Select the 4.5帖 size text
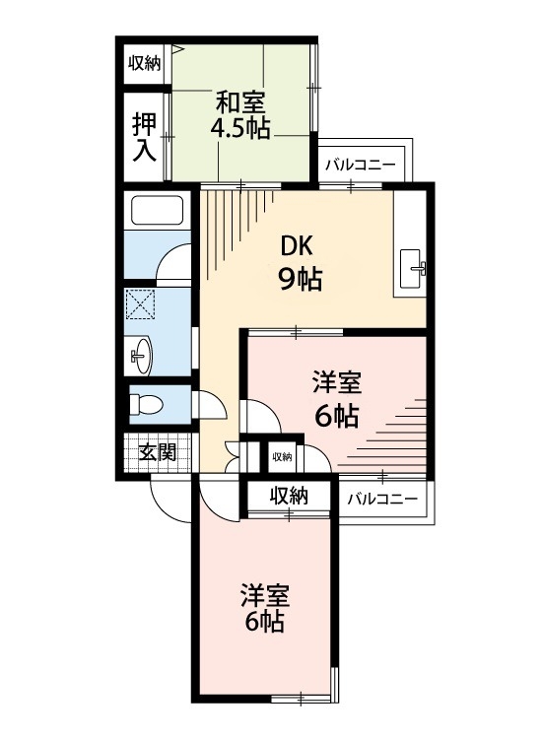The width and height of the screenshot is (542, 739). coord(242,128)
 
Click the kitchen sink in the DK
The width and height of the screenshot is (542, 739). coord(412,264)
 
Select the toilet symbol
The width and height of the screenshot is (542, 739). coord(147,403)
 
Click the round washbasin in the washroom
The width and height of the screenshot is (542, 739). coord(143,353)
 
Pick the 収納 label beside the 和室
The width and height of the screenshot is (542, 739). coord(144,63)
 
